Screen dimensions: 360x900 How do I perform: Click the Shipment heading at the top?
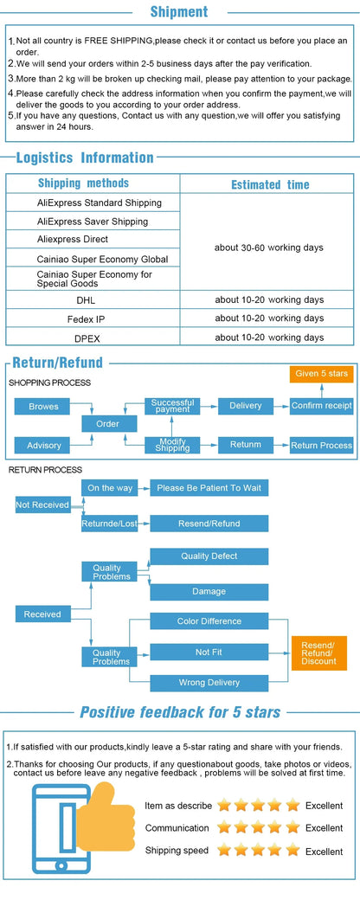click(178, 11)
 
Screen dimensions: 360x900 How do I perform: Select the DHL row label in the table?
click(87, 299)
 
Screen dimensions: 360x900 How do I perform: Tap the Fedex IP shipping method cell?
click(87, 318)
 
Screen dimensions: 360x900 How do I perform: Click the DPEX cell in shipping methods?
click(87, 338)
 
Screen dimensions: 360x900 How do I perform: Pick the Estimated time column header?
click(270, 184)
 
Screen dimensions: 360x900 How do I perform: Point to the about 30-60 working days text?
click(269, 247)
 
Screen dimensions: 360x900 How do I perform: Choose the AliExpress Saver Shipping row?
click(93, 221)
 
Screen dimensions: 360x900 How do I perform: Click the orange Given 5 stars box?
click(322, 374)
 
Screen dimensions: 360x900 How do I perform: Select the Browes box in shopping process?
click(43, 407)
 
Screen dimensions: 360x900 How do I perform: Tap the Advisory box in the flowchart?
click(43, 446)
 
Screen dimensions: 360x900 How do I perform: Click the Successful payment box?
click(172, 406)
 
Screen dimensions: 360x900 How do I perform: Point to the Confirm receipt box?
click(322, 406)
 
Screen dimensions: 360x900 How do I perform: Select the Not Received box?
click(42, 505)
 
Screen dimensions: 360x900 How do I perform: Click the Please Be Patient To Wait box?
click(209, 488)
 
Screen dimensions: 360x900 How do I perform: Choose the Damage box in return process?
click(209, 592)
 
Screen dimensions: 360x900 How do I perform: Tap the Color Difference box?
click(209, 621)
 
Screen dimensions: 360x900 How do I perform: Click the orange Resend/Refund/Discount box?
click(319, 653)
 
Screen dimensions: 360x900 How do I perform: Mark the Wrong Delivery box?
click(209, 683)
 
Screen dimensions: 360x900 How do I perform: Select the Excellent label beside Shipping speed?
click(324, 852)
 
